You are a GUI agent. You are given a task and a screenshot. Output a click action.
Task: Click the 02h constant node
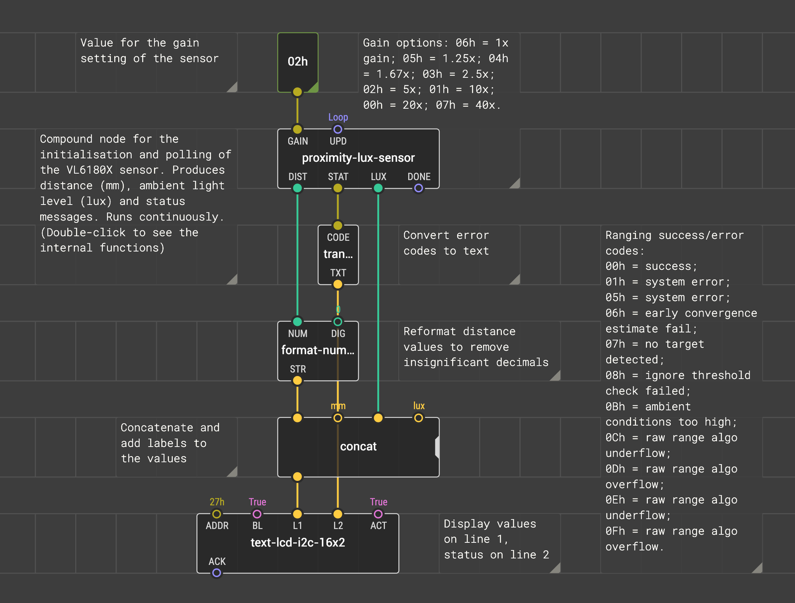[298, 62]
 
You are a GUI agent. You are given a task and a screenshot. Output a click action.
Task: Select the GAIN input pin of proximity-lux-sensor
[297, 129]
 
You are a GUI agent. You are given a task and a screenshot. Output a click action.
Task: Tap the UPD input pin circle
[337, 129]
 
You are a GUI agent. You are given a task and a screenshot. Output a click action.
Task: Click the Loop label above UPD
[338, 117]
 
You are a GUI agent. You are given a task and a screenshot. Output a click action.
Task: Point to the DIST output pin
[297, 188]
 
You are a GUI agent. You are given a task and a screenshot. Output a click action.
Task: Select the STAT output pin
[337, 188]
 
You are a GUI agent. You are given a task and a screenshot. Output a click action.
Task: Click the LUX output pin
[378, 188]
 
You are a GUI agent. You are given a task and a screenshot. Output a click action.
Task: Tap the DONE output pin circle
[418, 188]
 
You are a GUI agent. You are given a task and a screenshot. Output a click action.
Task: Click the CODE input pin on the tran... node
[337, 225]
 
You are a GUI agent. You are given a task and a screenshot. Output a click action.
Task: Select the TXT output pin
[337, 284]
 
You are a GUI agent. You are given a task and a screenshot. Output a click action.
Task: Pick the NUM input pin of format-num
[297, 322]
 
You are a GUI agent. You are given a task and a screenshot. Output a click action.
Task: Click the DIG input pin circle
[337, 322]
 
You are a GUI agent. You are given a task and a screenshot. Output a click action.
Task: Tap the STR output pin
[297, 381]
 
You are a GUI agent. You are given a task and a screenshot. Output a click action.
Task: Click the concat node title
[358, 446]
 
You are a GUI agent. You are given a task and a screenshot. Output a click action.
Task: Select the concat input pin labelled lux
[418, 418]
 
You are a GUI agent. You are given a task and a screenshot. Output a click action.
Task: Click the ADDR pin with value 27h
[217, 514]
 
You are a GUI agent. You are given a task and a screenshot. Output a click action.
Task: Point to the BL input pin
[257, 514]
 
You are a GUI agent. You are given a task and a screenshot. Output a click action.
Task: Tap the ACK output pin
[217, 573]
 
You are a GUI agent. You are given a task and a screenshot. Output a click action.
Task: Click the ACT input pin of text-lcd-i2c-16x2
[378, 514]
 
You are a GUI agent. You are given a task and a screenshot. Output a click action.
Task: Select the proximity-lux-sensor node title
[358, 158]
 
